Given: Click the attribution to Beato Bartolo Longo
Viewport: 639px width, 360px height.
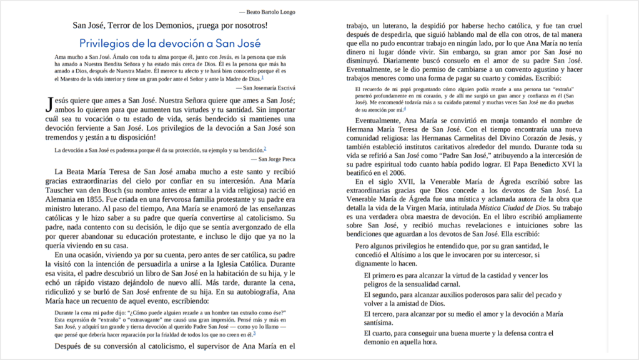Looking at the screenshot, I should click(x=267, y=12).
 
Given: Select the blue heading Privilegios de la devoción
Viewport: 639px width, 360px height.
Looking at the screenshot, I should click(x=170, y=43).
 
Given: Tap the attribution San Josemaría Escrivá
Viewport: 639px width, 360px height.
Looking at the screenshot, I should click(x=261, y=87).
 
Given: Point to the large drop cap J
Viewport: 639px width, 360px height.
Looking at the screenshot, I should click(x=50, y=105).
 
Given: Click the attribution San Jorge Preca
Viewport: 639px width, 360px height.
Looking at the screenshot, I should click(x=268, y=159).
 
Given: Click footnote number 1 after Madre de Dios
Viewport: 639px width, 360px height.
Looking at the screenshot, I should click(x=262, y=78).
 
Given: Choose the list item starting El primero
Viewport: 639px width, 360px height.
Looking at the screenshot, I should click(x=455, y=280).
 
